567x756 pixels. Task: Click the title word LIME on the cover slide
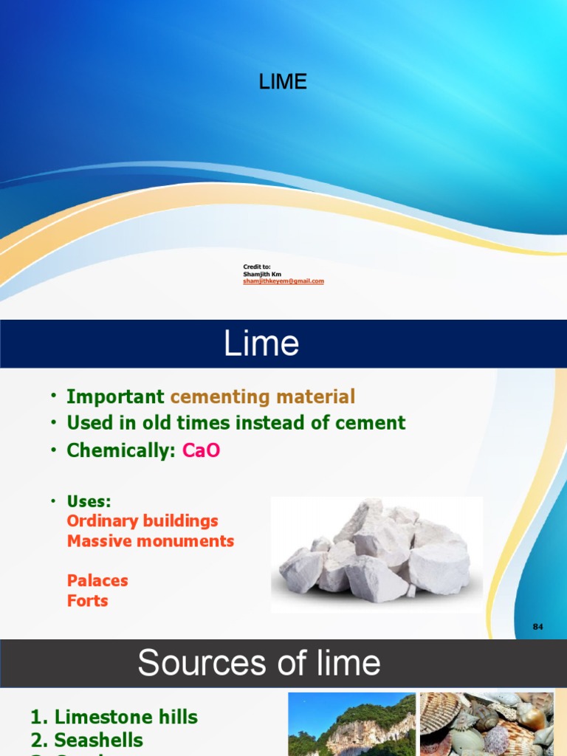click(283, 82)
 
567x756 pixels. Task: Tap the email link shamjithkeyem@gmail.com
click(283, 281)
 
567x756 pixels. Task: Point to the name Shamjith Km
click(262, 274)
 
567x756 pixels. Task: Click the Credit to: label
click(257, 266)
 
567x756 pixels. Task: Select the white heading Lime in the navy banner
click(261, 344)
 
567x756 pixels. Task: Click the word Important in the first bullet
click(115, 396)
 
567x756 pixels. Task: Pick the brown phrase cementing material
click(262, 396)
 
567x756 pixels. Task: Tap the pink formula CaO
click(201, 450)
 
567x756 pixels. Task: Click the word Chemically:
click(121, 450)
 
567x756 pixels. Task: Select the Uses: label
click(89, 501)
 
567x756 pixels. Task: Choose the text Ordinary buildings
click(142, 520)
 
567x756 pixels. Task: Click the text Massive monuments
click(150, 540)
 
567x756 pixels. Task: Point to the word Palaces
click(97, 580)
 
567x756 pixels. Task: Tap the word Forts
click(87, 600)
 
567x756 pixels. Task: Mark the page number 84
click(537, 627)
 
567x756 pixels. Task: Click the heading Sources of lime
click(259, 662)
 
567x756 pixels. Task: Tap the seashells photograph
click(487, 724)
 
